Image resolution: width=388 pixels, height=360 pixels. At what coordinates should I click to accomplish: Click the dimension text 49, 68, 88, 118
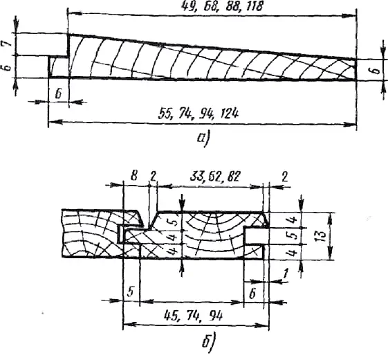coord(221,7)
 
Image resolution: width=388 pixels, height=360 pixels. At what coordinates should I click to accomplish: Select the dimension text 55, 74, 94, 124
coord(198,114)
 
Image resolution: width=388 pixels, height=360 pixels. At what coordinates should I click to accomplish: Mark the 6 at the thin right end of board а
coord(376,71)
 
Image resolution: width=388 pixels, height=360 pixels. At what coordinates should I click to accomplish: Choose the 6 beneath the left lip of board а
coord(58,94)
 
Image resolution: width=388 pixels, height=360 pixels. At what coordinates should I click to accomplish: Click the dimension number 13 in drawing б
coord(322,236)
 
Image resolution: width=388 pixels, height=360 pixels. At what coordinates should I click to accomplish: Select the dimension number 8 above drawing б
coord(133,177)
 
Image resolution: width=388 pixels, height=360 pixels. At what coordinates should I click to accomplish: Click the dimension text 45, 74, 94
coord(193,316)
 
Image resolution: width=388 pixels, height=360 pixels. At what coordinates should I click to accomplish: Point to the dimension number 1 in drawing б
coord(286,273)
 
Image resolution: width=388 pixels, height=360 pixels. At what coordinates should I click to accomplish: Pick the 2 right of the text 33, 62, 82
coord(284,177)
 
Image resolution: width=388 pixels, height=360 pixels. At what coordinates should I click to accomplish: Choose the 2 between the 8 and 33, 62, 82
coord(153,177)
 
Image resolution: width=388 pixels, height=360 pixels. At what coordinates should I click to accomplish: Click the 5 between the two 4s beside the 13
coord(293,236)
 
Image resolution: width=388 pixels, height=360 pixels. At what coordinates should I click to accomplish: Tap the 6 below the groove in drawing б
coord(252,295)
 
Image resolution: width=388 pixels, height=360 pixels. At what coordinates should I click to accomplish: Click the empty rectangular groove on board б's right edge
coord(256,236)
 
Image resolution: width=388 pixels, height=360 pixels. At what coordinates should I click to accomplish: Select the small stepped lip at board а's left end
coord(58,67)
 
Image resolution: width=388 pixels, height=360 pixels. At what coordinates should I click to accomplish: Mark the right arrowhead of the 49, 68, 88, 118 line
coord(349,16)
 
